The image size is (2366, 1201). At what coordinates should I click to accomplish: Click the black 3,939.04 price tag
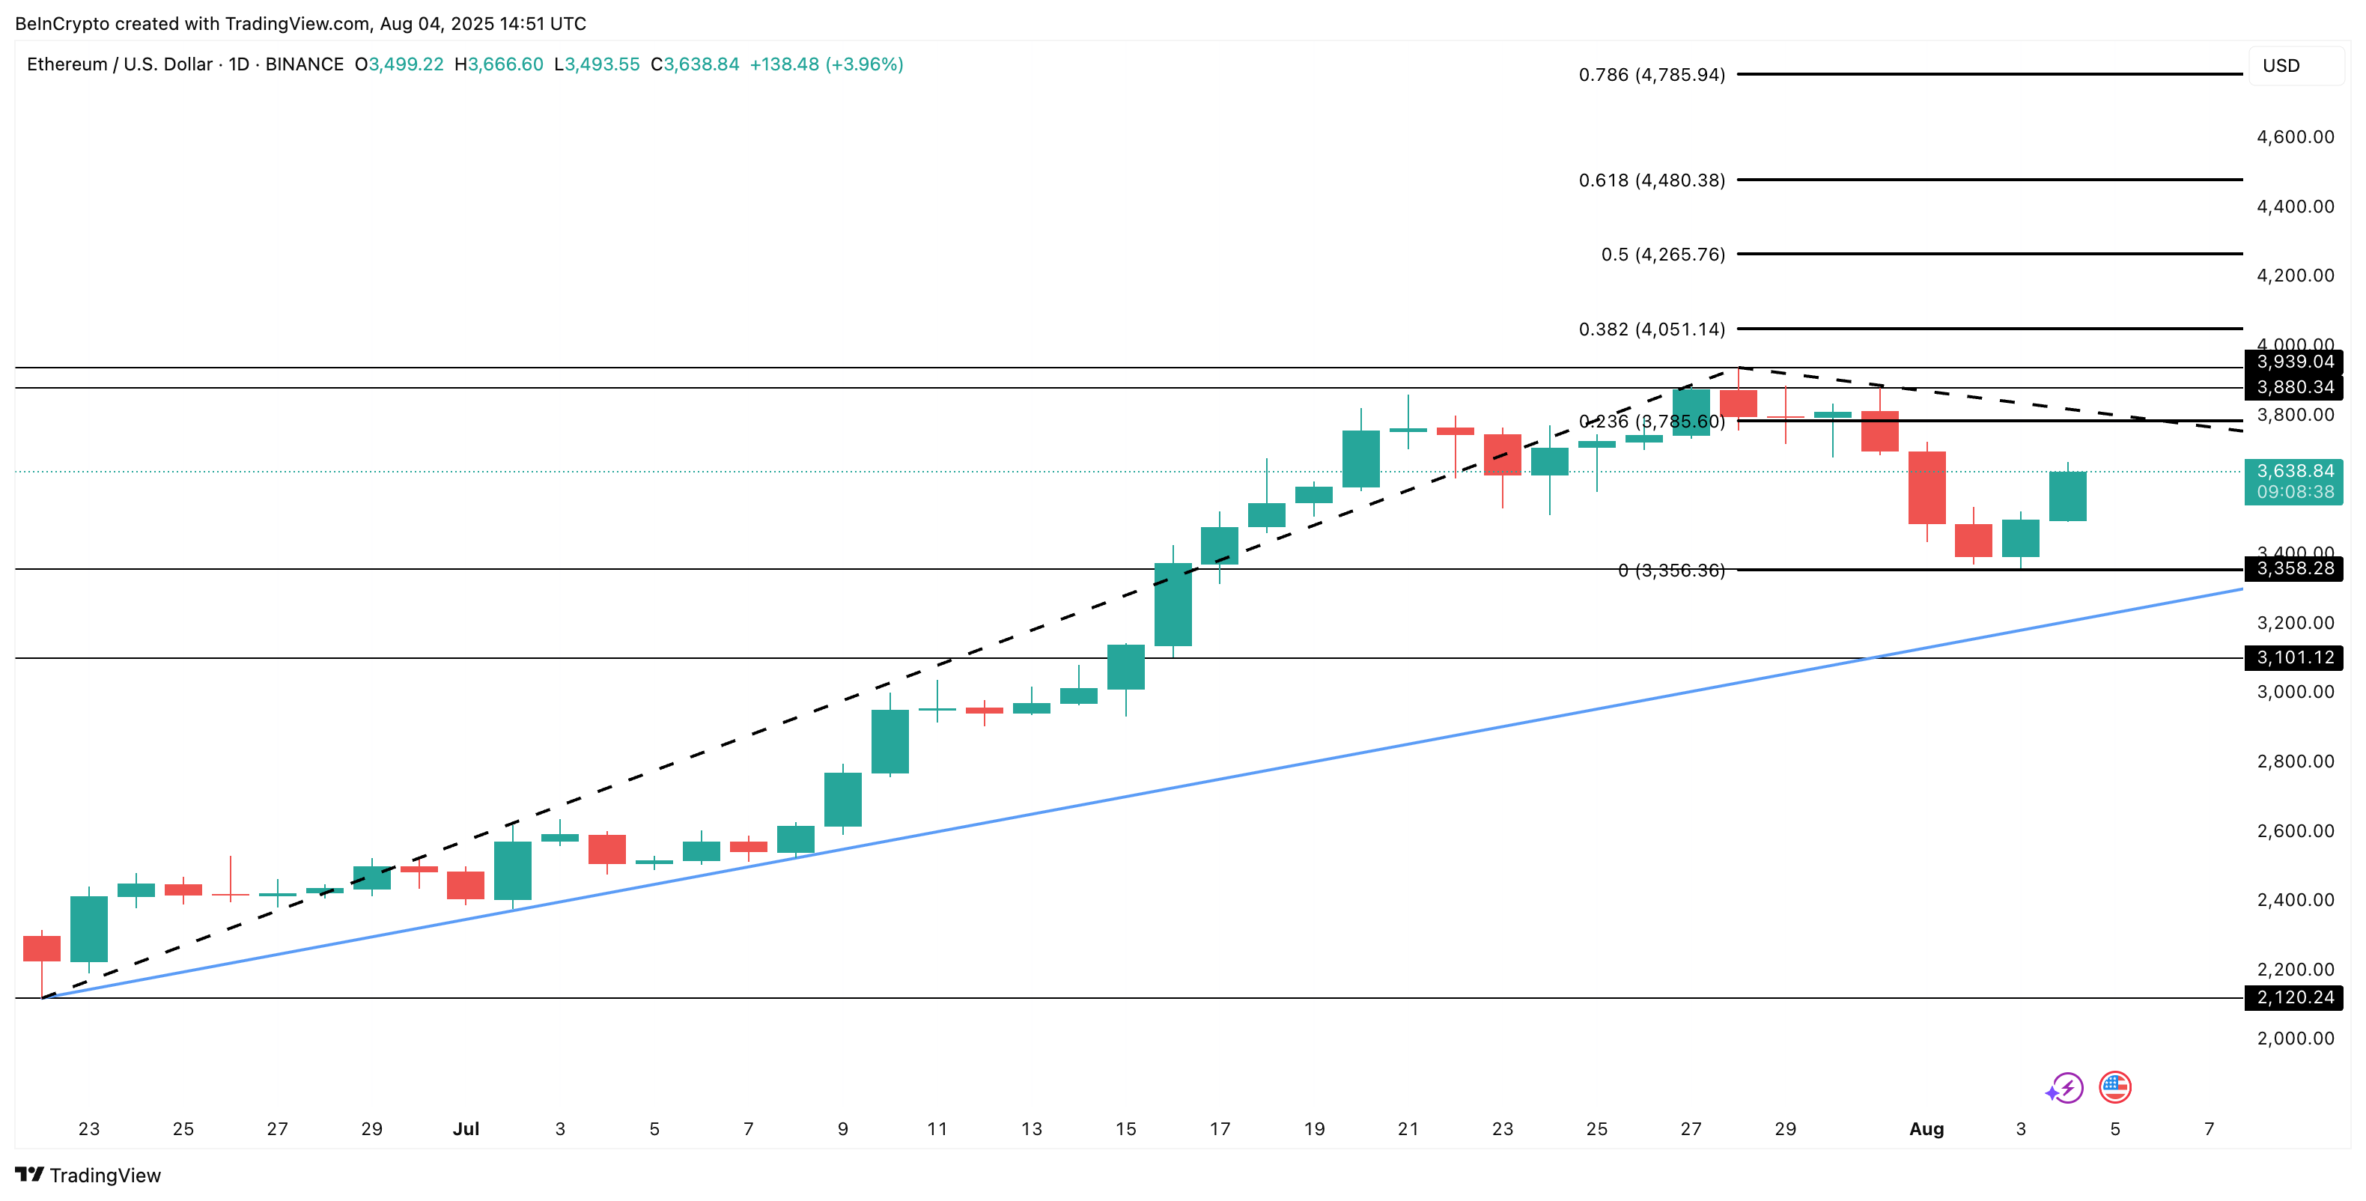[2293, 362]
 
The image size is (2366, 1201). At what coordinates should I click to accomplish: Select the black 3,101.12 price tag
[2293, 657]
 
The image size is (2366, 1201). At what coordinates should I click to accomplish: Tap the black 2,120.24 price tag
[2293, 997]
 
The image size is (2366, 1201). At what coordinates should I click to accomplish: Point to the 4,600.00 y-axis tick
[2294, 137]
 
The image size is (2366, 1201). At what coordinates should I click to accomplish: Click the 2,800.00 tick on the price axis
[2294, 761]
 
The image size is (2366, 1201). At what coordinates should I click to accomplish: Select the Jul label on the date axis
[466, 1128]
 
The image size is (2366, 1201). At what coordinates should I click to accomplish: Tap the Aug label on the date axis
[1926, 1128]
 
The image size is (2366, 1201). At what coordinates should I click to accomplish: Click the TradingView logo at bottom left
[88, 1176]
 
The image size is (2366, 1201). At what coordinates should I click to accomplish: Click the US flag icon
[2115, 1088]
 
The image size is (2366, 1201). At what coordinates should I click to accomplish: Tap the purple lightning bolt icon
[2066, 1089]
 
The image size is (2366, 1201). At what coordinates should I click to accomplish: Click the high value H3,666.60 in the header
[499, 64]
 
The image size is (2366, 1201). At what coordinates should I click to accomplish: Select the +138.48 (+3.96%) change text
[826, 64]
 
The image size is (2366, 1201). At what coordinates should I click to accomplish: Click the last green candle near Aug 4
[2067, 496]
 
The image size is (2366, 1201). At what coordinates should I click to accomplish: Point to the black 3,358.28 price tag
[2293, 568]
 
